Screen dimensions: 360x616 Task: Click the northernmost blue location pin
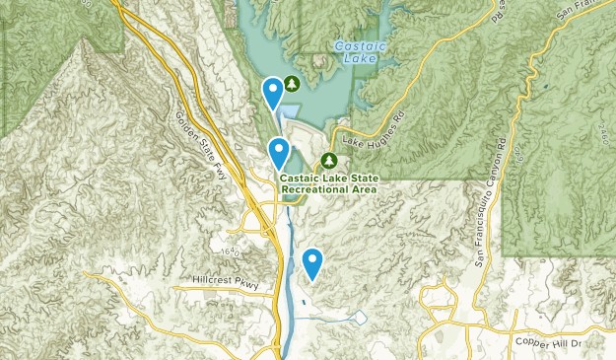click(273, 93)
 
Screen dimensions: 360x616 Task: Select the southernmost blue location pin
click(312, 262)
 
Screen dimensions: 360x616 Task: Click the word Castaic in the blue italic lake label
click(354, 45)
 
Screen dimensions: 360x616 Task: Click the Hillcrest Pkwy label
click(226, 283)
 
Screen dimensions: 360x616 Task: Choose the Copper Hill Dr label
click(549, 341)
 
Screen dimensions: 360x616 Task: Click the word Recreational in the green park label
click(313, 188)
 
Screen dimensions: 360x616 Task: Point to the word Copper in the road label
click(533, 341)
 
